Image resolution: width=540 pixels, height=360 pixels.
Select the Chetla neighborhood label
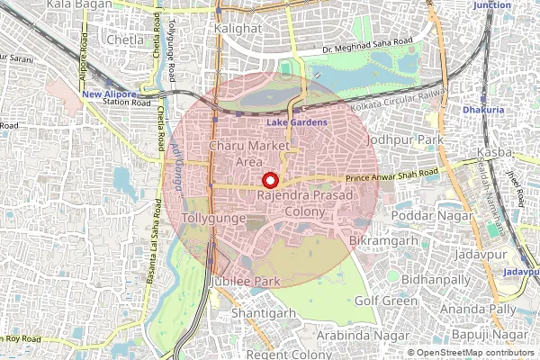point(124,41)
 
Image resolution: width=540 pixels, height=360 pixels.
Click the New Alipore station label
point(108,94)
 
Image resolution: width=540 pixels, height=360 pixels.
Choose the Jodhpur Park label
point(406,141)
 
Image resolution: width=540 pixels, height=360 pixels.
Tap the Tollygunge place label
point(210,219)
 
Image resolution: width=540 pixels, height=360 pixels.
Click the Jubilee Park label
point(244,282)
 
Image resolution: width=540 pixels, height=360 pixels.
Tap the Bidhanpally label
point(436,280)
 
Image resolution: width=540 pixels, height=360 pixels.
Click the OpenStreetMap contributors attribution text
point(472,353)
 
